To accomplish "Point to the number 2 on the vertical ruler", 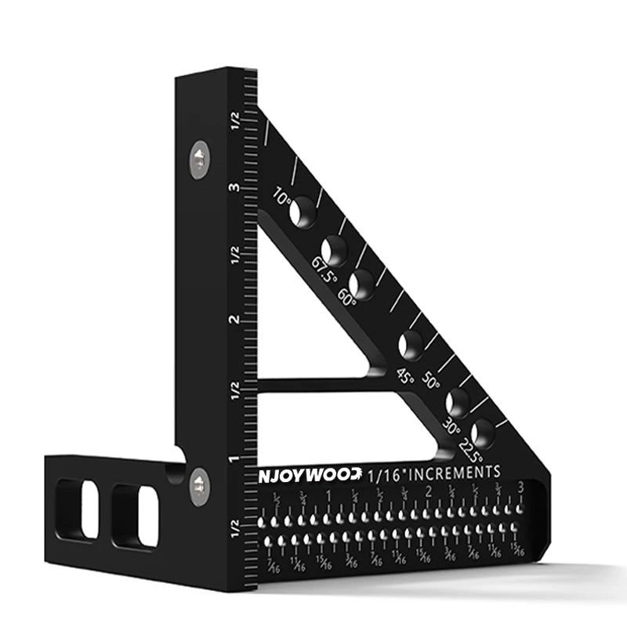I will point(233,320).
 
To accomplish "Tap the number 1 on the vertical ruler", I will point(233,459).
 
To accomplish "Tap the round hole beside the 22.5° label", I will point(483,432).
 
